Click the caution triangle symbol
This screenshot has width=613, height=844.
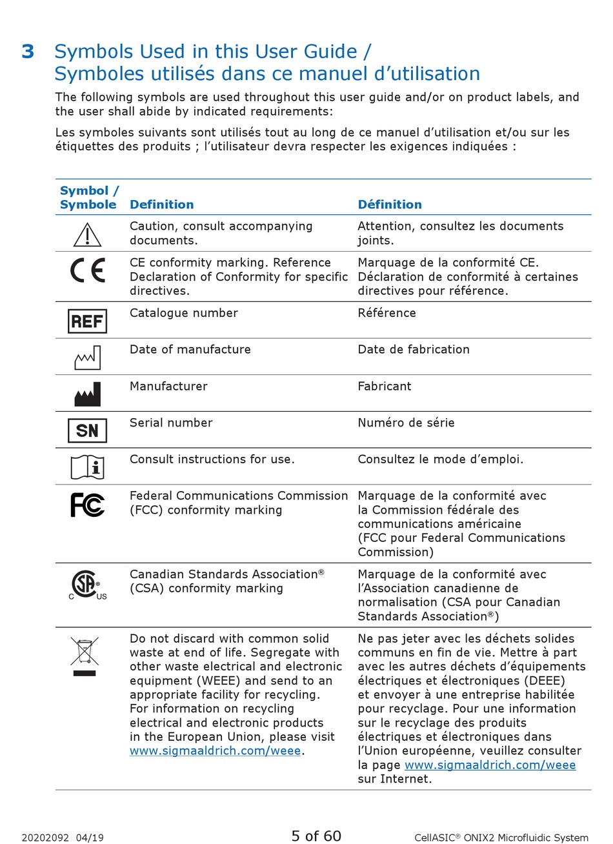click(x=87, y=235)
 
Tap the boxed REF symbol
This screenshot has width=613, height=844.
click(x=87, y=321)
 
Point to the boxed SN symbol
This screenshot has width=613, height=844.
click(x=87, y=430)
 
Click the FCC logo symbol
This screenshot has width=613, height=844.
click(x=87, y=505)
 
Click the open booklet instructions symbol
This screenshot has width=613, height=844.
click(x=87, y=467)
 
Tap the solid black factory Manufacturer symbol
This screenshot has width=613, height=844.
click(x=87, y=394)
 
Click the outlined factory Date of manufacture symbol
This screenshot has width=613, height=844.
click(x=87, y=357)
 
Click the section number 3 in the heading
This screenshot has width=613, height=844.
click(x=28, y=52)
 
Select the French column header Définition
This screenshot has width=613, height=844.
click(x=390, y=205)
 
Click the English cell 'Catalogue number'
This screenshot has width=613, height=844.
click(x=183, y=313)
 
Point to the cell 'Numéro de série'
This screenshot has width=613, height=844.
click(x=406, y=423)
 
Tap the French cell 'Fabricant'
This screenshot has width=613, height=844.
click(x=384, y=386)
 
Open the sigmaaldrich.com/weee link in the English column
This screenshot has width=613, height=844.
click(x=215, y=751)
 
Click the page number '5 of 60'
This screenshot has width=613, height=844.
click(x=316, y=836)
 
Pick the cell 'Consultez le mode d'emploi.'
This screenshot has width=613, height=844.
click(x=440, y=459)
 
